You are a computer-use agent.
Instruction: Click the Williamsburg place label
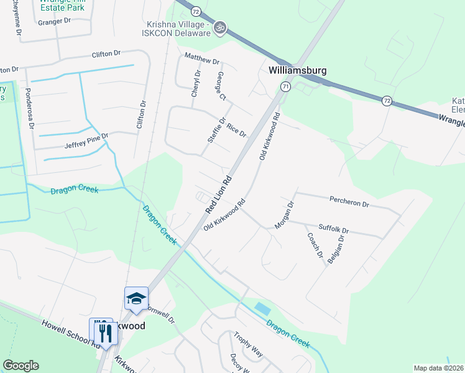[x=298, y=70]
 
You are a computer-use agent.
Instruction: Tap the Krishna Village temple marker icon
[x=219, y=27]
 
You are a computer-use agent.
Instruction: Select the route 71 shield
[x=285, y=86]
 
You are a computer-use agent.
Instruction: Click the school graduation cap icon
[x=136, y=298]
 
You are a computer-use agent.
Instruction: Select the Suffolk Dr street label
[x=333, y=229]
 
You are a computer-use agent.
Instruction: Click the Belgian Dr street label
[x=339, y=249]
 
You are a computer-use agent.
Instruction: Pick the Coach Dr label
[x=315, y=246]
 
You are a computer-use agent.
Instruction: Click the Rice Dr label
[x=236, y=130]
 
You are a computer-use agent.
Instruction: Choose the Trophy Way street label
[x=248, y=345]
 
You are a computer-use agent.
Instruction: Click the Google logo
[x=21, y=366]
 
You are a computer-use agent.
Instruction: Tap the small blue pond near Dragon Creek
[x=263, y=308]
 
